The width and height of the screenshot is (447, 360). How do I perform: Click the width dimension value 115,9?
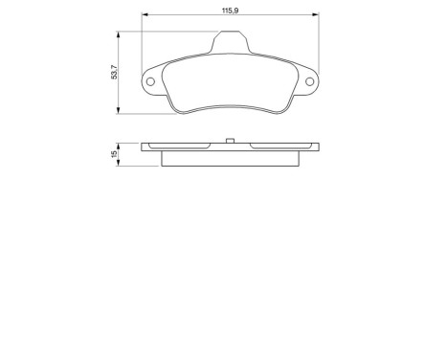(x=229, y=9)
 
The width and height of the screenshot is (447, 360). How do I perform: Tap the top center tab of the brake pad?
(x=230, y=42)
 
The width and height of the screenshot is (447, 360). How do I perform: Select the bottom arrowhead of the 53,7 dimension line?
(x=120, y=112)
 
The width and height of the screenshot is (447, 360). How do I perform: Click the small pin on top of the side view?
(x=230, y=141)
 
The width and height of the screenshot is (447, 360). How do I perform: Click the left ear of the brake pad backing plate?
(x=152, y=82)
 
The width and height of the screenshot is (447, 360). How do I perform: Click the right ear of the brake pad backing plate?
(x=307, y=82)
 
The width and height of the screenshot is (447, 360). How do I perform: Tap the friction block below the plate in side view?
(x=230, y=157)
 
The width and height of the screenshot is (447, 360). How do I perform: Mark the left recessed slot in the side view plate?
(x=182, y=146)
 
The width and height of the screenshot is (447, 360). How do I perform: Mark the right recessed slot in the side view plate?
(x=277, y=146)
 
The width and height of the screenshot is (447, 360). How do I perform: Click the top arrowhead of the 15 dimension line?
(x=120, y=146)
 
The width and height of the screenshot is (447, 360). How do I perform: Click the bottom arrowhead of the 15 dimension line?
(x=120, y=163)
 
